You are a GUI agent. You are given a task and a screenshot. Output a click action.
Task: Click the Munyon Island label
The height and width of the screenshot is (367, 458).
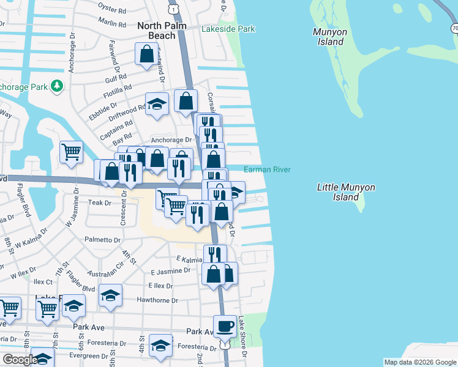(328, 37)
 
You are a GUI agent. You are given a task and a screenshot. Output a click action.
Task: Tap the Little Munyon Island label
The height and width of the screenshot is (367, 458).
(346, 193)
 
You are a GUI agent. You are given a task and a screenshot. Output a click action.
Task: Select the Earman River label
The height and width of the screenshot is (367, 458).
(267, 170)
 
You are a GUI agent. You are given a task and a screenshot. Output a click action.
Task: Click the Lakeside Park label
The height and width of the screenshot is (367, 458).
(228, 29)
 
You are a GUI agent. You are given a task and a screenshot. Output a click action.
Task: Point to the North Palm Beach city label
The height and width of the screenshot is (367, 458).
(156, 31)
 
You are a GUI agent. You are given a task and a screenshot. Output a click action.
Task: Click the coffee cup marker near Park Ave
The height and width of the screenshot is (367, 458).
(225, 326)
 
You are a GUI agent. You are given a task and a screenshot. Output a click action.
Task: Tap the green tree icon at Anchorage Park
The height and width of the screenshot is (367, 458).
(57, 86)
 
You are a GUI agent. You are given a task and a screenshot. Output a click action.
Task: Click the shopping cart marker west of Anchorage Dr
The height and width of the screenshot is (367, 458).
(72, 152)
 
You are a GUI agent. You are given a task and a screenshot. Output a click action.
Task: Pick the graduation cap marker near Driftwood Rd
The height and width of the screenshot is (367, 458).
(157, 104)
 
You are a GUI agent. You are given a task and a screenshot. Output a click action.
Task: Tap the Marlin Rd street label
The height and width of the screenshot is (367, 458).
(111, 23)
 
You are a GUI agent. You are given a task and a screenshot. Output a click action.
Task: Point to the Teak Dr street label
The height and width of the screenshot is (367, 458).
(98, 202)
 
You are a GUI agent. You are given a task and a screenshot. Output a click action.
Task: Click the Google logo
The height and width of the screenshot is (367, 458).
(20, 360)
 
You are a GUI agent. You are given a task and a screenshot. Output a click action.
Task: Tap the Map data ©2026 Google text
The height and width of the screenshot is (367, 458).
(419, 362)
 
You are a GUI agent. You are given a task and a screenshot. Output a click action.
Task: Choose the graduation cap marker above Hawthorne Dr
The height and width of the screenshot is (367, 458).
(110, 295)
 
